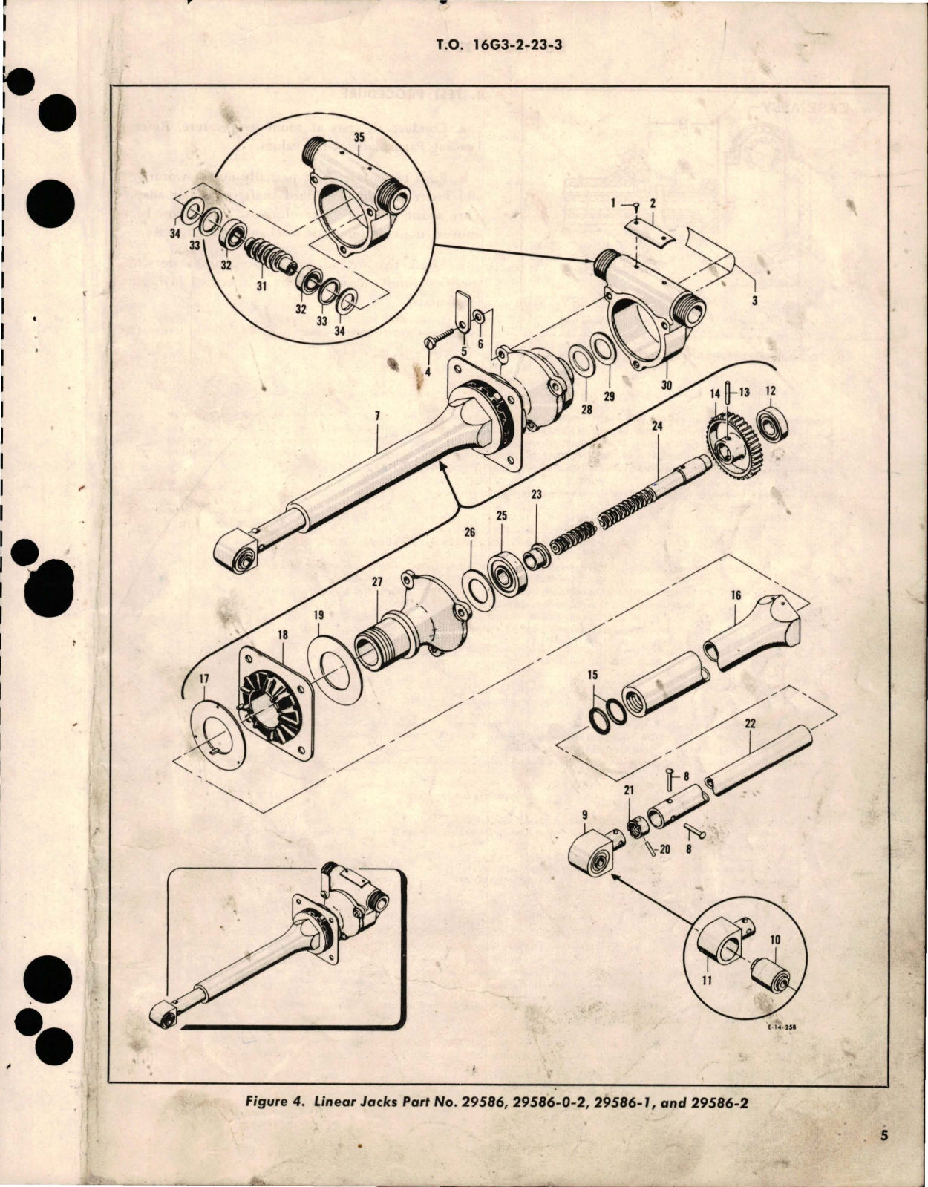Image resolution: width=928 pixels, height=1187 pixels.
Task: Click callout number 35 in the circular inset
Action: click(x=359, y=138)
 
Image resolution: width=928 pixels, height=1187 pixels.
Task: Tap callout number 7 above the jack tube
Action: click(x=377, y=417)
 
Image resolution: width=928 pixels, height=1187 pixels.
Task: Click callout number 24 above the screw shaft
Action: click(x=657, y=427)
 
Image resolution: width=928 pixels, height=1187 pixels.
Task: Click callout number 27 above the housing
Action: click(x=377, y=583)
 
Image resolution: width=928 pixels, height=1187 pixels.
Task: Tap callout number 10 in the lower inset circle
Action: click(x=774, y=939)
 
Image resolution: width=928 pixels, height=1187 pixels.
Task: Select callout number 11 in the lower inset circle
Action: click(x=706, y=981)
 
